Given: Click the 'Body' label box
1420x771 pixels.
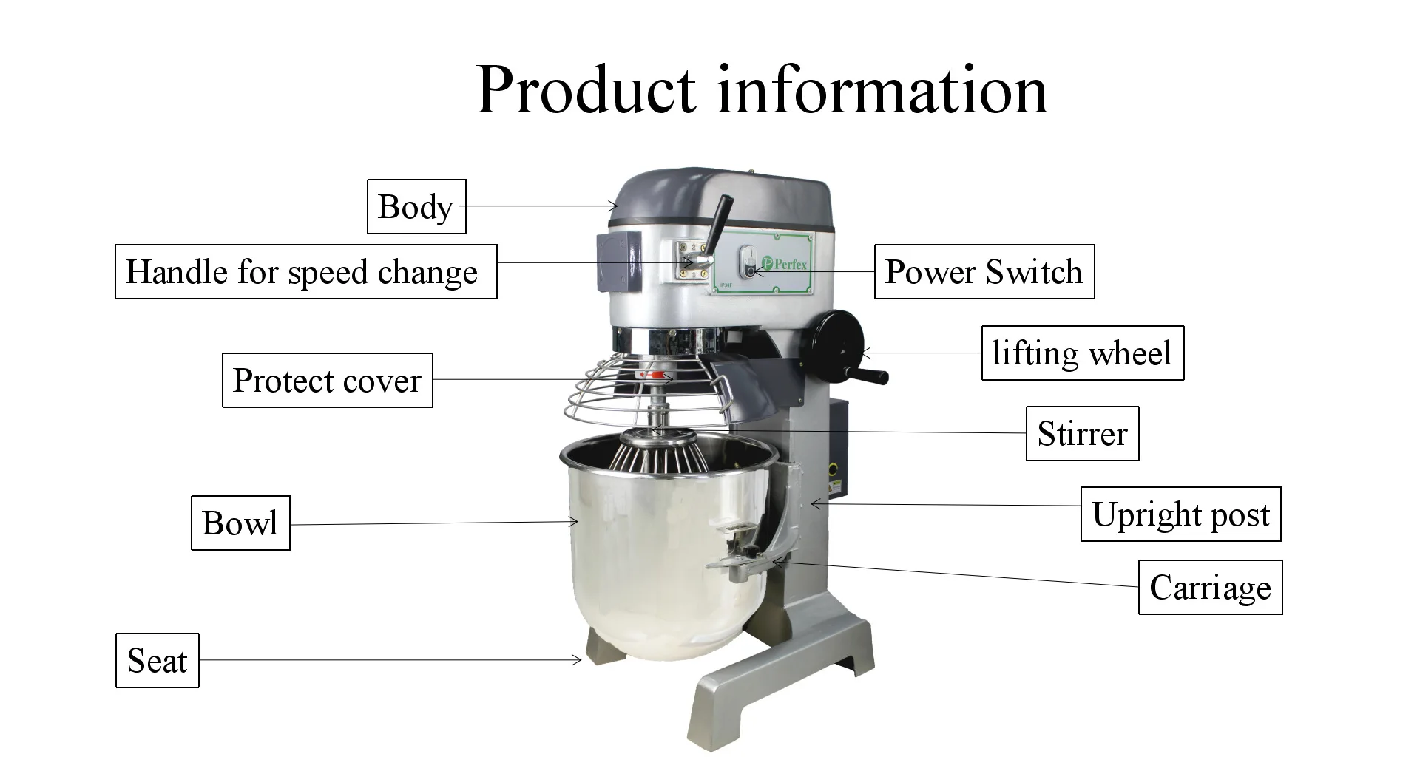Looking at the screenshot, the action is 416,207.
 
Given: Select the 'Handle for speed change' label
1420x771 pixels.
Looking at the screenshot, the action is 305,272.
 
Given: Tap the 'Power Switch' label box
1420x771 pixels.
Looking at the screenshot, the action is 984,272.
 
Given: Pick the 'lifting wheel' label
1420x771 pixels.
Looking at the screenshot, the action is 1082,353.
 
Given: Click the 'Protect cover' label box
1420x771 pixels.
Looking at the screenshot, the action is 327,381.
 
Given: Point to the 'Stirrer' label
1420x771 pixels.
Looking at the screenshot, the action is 1082,434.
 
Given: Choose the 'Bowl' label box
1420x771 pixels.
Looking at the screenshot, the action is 240,523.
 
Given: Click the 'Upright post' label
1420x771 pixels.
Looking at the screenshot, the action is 1180,514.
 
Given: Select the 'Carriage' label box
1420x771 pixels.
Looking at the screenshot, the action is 1210,588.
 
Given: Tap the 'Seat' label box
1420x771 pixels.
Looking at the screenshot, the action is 158,661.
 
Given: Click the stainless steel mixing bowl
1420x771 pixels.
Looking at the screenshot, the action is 651,554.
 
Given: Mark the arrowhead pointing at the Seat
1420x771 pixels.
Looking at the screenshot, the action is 578,659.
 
